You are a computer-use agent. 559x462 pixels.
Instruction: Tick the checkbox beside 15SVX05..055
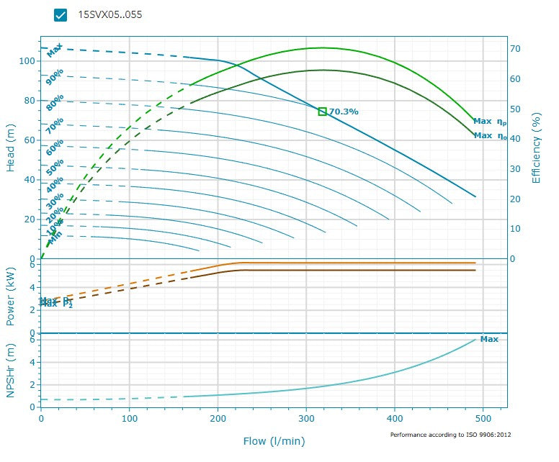[61, 15]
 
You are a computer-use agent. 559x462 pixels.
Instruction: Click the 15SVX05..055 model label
[109, 15]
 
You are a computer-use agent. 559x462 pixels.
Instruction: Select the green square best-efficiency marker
[322, 112]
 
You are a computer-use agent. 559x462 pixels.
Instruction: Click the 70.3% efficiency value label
[344, 112]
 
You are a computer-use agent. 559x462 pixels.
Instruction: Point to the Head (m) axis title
[11, 146]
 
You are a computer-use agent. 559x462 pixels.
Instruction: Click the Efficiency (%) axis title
[536, 147]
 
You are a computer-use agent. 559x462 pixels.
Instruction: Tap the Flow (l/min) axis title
[273, 440]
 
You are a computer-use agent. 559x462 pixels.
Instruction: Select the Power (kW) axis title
[11, 294]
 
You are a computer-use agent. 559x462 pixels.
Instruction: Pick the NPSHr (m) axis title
[11, 371]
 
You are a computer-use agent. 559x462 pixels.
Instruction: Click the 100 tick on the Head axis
[27, 61]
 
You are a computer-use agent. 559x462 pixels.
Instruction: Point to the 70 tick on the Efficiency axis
[516, 49]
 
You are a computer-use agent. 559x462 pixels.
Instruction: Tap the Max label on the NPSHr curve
[489, 339]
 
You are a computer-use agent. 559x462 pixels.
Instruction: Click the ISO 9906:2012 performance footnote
[450, 435]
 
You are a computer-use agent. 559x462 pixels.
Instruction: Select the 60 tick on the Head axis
[30, 140]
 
